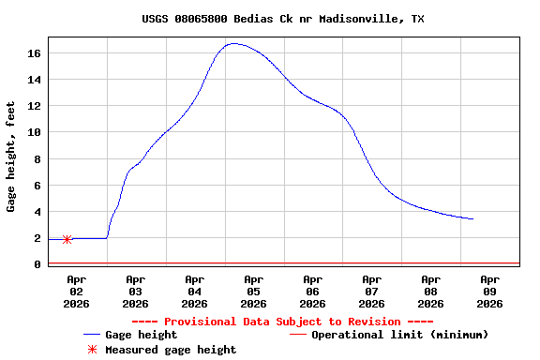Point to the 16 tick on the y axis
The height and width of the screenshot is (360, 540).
(x=34, y=53)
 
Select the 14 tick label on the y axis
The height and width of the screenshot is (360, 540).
(x=34, y=80)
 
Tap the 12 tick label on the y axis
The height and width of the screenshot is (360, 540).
(x=34, y=106)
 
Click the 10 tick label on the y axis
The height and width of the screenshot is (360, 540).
(x=34, y=132)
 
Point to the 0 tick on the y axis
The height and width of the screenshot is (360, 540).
(x=37, y=264)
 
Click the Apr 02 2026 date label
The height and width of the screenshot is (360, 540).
(x=77, y=291)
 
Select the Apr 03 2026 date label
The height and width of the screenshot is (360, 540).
(x=136, y=291)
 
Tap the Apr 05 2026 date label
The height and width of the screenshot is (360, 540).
(x=254, y=291)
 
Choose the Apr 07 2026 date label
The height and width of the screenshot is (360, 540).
(x=372, y=291)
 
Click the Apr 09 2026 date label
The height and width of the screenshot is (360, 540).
(x=490, y=291)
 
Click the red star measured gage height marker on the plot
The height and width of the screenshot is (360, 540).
(x=67, y=239)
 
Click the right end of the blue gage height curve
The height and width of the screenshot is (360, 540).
(x=473, y=218)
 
